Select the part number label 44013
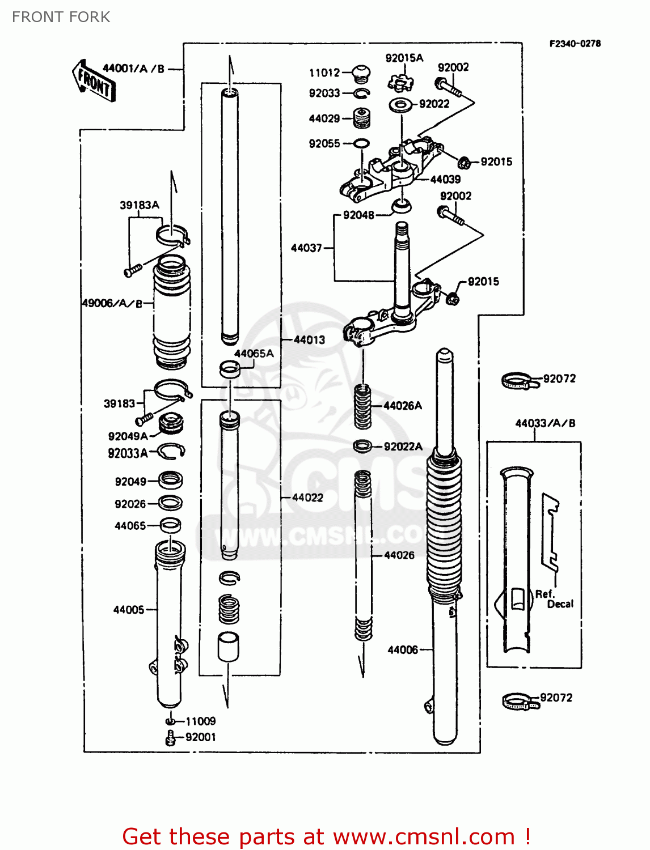point(309,340)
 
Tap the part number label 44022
point(307,498)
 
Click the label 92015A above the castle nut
point(404,58)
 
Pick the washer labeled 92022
point(401,104)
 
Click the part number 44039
point(445,180)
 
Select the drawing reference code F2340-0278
point(575,44)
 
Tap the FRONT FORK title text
point(61,17)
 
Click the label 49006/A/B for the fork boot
point(112,303)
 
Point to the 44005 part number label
point(129,610)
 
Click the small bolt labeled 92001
point(170,738)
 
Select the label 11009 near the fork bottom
point(201,721)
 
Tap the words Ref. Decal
point(554,599)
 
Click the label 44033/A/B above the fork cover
point(545,423)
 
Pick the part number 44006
point(403,650)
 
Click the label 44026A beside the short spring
point(403,406)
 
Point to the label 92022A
point(403,447)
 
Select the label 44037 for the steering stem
point(306,248)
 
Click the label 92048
point(358,215)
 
